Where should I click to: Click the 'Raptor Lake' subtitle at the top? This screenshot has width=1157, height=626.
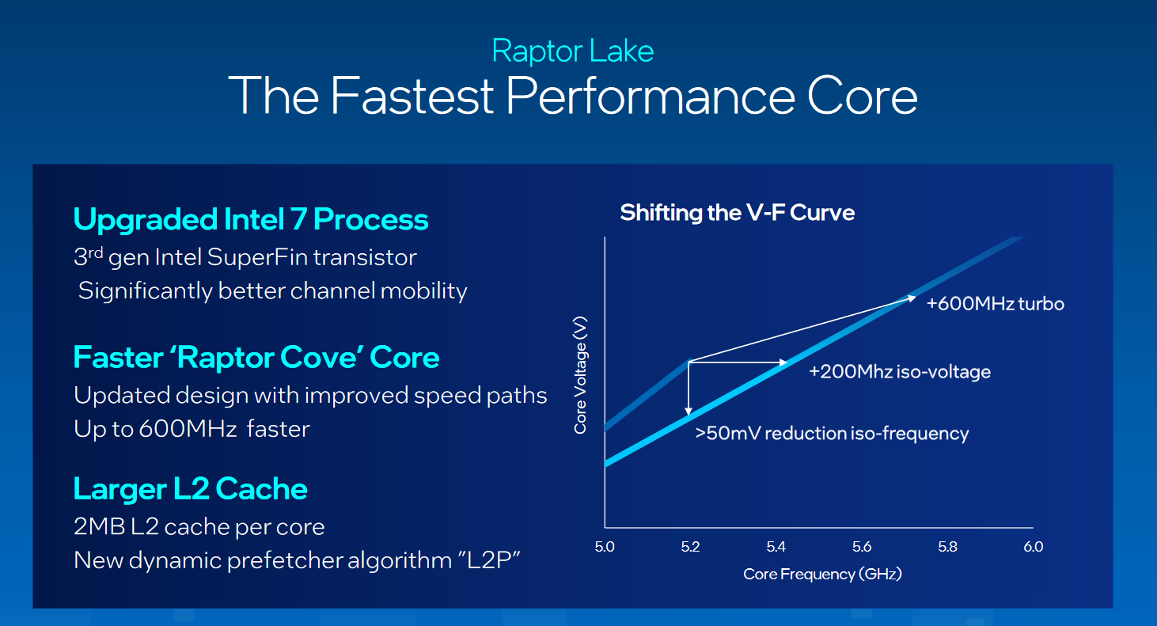tap(572, 51)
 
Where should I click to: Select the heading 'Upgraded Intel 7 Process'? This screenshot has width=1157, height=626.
tap(251, 219)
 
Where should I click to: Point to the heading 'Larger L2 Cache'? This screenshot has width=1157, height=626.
tap(190, 489)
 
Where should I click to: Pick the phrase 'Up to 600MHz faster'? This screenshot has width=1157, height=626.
tap(192, 429)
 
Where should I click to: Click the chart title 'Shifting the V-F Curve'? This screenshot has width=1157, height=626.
tap(737, 213)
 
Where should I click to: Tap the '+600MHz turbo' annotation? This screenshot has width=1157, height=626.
tap(995, 304)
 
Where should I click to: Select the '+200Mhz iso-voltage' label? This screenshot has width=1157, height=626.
tap(899, 371)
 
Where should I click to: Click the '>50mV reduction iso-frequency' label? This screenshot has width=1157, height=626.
tap(832, 434)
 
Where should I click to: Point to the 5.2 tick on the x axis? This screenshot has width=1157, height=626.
tap(690, 547)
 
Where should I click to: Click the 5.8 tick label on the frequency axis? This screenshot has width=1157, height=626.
tap(947, 547)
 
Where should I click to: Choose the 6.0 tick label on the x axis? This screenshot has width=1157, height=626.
tap(1033, 547)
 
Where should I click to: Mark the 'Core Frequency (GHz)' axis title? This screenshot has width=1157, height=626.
tap(822, 575)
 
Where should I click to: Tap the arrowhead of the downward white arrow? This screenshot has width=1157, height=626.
tap(689, 411)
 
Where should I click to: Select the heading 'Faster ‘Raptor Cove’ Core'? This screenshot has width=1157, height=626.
tap(256, 358)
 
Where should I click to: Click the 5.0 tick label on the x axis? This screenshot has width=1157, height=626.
tap(605, 547)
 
